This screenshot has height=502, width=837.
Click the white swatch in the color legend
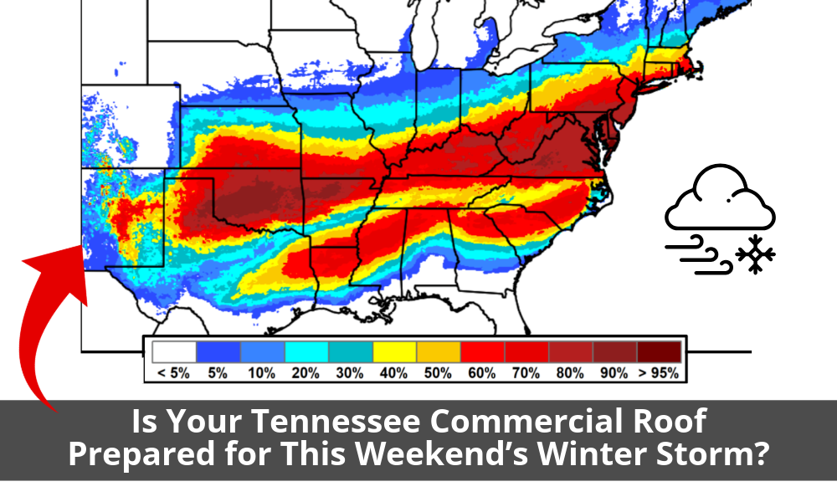[173, 351]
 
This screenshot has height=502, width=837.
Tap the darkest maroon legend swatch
[659, 351]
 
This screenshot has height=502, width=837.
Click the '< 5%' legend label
[173, 374]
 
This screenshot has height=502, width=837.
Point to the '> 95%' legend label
[660, 374]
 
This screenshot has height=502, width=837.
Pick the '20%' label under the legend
[306, 374]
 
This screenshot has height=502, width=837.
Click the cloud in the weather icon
[718, 201]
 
